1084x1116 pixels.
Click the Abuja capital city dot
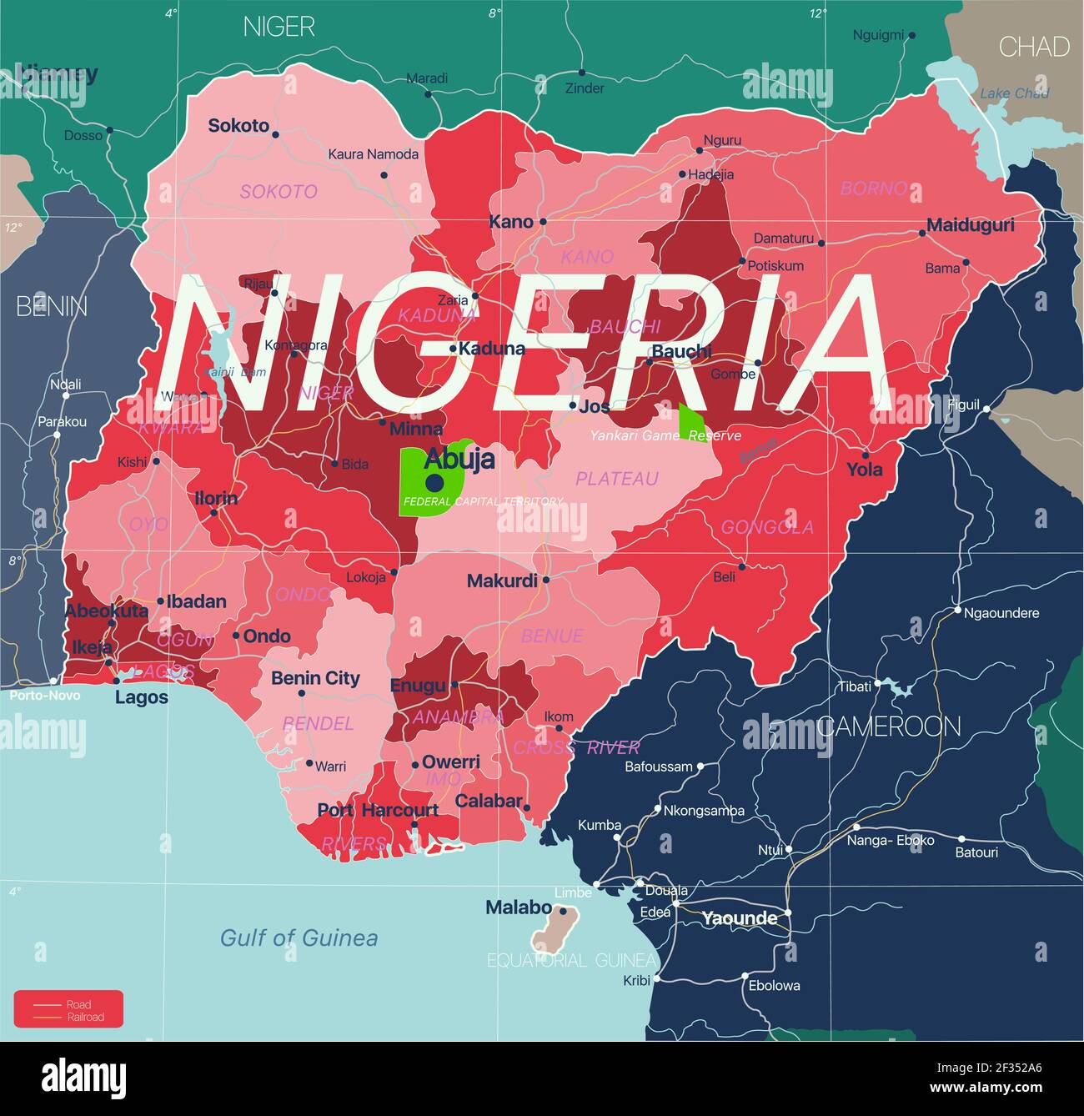click(x=434, y=483)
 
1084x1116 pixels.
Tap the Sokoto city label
click(x=238, y=126)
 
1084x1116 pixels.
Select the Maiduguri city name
click(x=971, y=225)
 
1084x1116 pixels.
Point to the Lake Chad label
click(x=1014, y=93)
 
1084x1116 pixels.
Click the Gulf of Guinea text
click(x=299, y=938)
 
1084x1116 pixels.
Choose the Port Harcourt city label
click(x=378, y=810)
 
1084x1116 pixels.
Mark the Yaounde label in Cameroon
click(x=739, y=918)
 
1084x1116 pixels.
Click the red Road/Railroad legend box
click(x=68, y=1009)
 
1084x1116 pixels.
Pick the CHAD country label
click(x=1033, y=47)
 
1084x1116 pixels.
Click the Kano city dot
click(x=543, y=222)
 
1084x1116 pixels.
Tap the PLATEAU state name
click(x=616, y=479)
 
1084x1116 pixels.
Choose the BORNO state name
click(x=873, y=189)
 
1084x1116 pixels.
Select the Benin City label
click(x=315, y=678)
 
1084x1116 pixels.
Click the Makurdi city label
click(x=502, y=581)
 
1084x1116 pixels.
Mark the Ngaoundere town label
click(x=1001, y=613)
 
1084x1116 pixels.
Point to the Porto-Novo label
click(x=45, y=695)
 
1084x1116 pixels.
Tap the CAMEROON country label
click(x=890, y=726)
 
